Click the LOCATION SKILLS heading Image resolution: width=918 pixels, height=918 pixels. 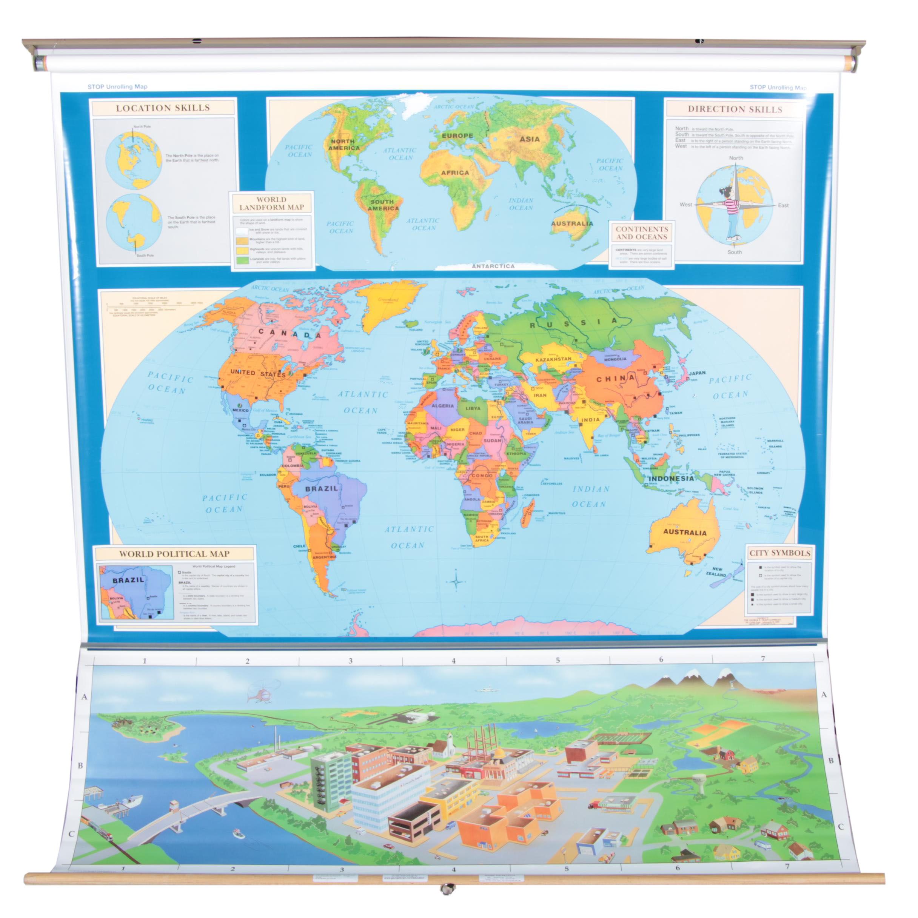pyautogui.click(x=163, y=108)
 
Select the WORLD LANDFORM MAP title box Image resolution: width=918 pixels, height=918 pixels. pyautogui.click(x=271, y=203)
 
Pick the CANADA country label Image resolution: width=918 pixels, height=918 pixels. pyautogui.click(x=290, y=334)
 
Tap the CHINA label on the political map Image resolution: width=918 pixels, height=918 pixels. pyautogui.click(x=615, y=379)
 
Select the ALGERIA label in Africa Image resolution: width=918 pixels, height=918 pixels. pyautogui.click(x=442, y=406)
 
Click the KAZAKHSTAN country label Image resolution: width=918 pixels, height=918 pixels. pyautogui.click(x=553, y=360)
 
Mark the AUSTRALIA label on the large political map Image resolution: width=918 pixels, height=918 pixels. pyautogui.click(x=685, y=533)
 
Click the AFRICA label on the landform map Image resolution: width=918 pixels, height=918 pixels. pyautogui.click(x=455, y=173)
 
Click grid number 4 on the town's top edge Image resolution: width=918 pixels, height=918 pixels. pyautogui.click(x=454, y=661)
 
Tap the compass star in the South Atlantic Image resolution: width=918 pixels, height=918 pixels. pyautogui.click(x=456, y=580)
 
